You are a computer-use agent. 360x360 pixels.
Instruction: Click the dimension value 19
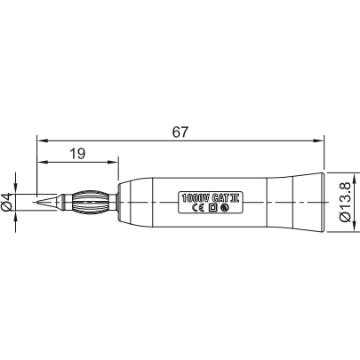(76, 154)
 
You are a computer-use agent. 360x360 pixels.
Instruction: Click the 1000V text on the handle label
(193, 196)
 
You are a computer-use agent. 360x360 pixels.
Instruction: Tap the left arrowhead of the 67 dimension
(41, 140)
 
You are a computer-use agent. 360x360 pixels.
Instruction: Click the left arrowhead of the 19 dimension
(41, 163)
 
